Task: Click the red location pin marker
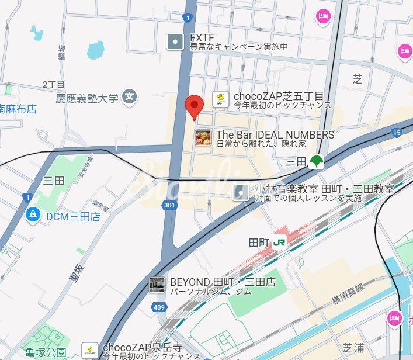194,106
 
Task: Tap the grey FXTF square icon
175,41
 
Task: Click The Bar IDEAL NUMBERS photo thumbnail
203,138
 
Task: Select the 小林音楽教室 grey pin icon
240,192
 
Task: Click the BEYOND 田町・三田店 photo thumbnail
157,285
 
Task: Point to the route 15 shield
397,133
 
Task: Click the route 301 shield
169,206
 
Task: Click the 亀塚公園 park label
46,352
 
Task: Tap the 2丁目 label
54,85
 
